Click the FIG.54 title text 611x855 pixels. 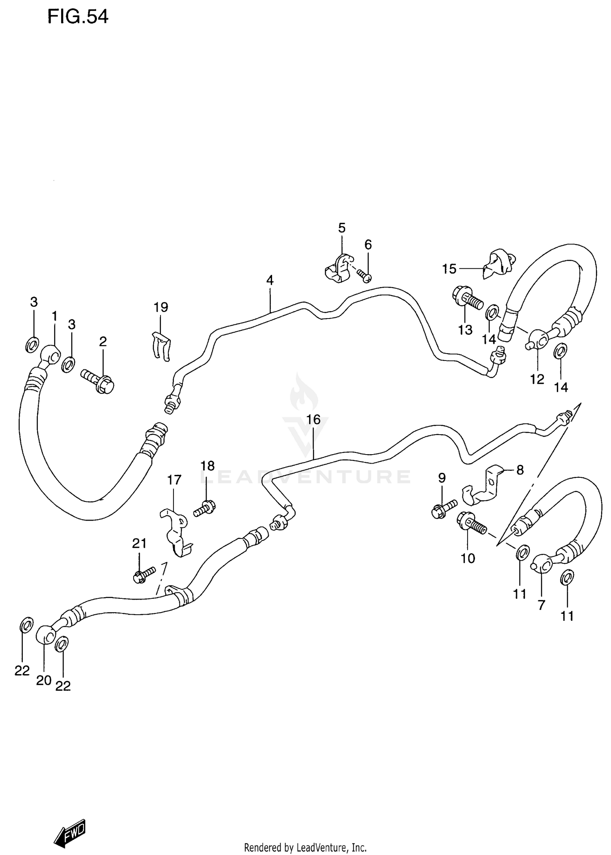click(x=78, y=17)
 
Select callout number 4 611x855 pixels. click(x=270, y=280)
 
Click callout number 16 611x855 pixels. click(x=313, y=420)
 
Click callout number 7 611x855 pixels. click(x=541, y=605)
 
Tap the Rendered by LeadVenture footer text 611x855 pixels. click(x=305, y=848)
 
